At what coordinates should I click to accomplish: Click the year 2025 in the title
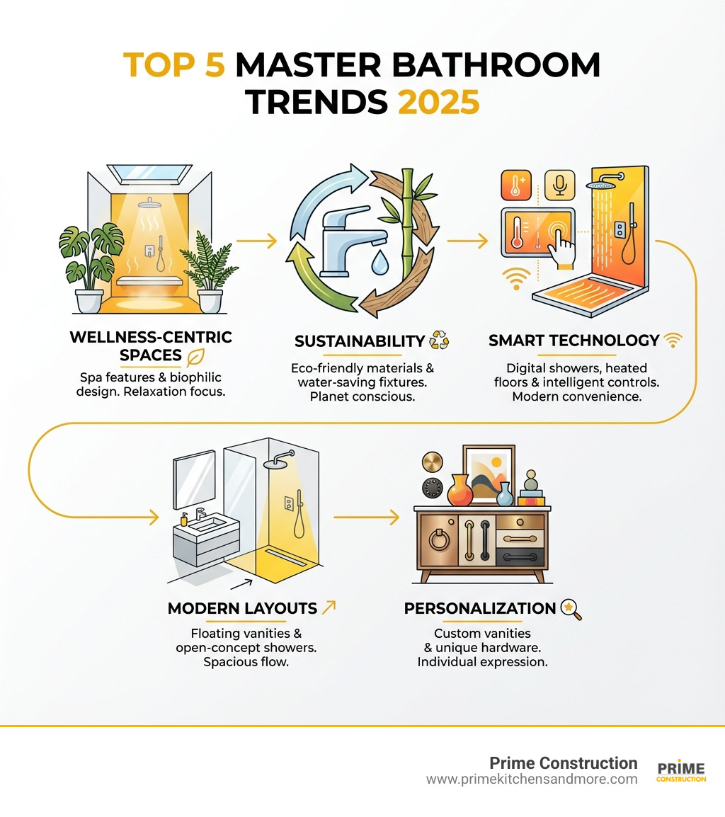coord(439,102)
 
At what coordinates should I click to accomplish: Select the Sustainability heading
coord(359,341)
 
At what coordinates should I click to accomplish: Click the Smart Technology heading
coord(573,341)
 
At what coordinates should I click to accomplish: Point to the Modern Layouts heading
coord(242,608)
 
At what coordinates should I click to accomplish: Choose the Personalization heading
coord(479,608)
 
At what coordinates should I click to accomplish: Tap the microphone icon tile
coord(559,184)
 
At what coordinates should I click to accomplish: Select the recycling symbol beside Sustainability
coord(439,341)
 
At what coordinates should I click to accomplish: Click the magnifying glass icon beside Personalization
coord(571,610)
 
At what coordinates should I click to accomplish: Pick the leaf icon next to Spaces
coord(196,355)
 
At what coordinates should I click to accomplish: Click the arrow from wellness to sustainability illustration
coord(256,241)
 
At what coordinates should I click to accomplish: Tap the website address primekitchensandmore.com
coord(531,779)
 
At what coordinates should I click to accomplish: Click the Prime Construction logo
coord(681,771)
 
